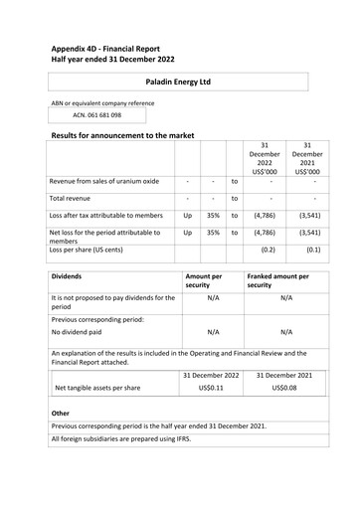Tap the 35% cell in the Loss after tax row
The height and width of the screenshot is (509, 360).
tap(213, 215)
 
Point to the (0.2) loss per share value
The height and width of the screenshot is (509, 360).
tap(267, 251)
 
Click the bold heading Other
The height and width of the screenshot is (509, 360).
tap(63, 411)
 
